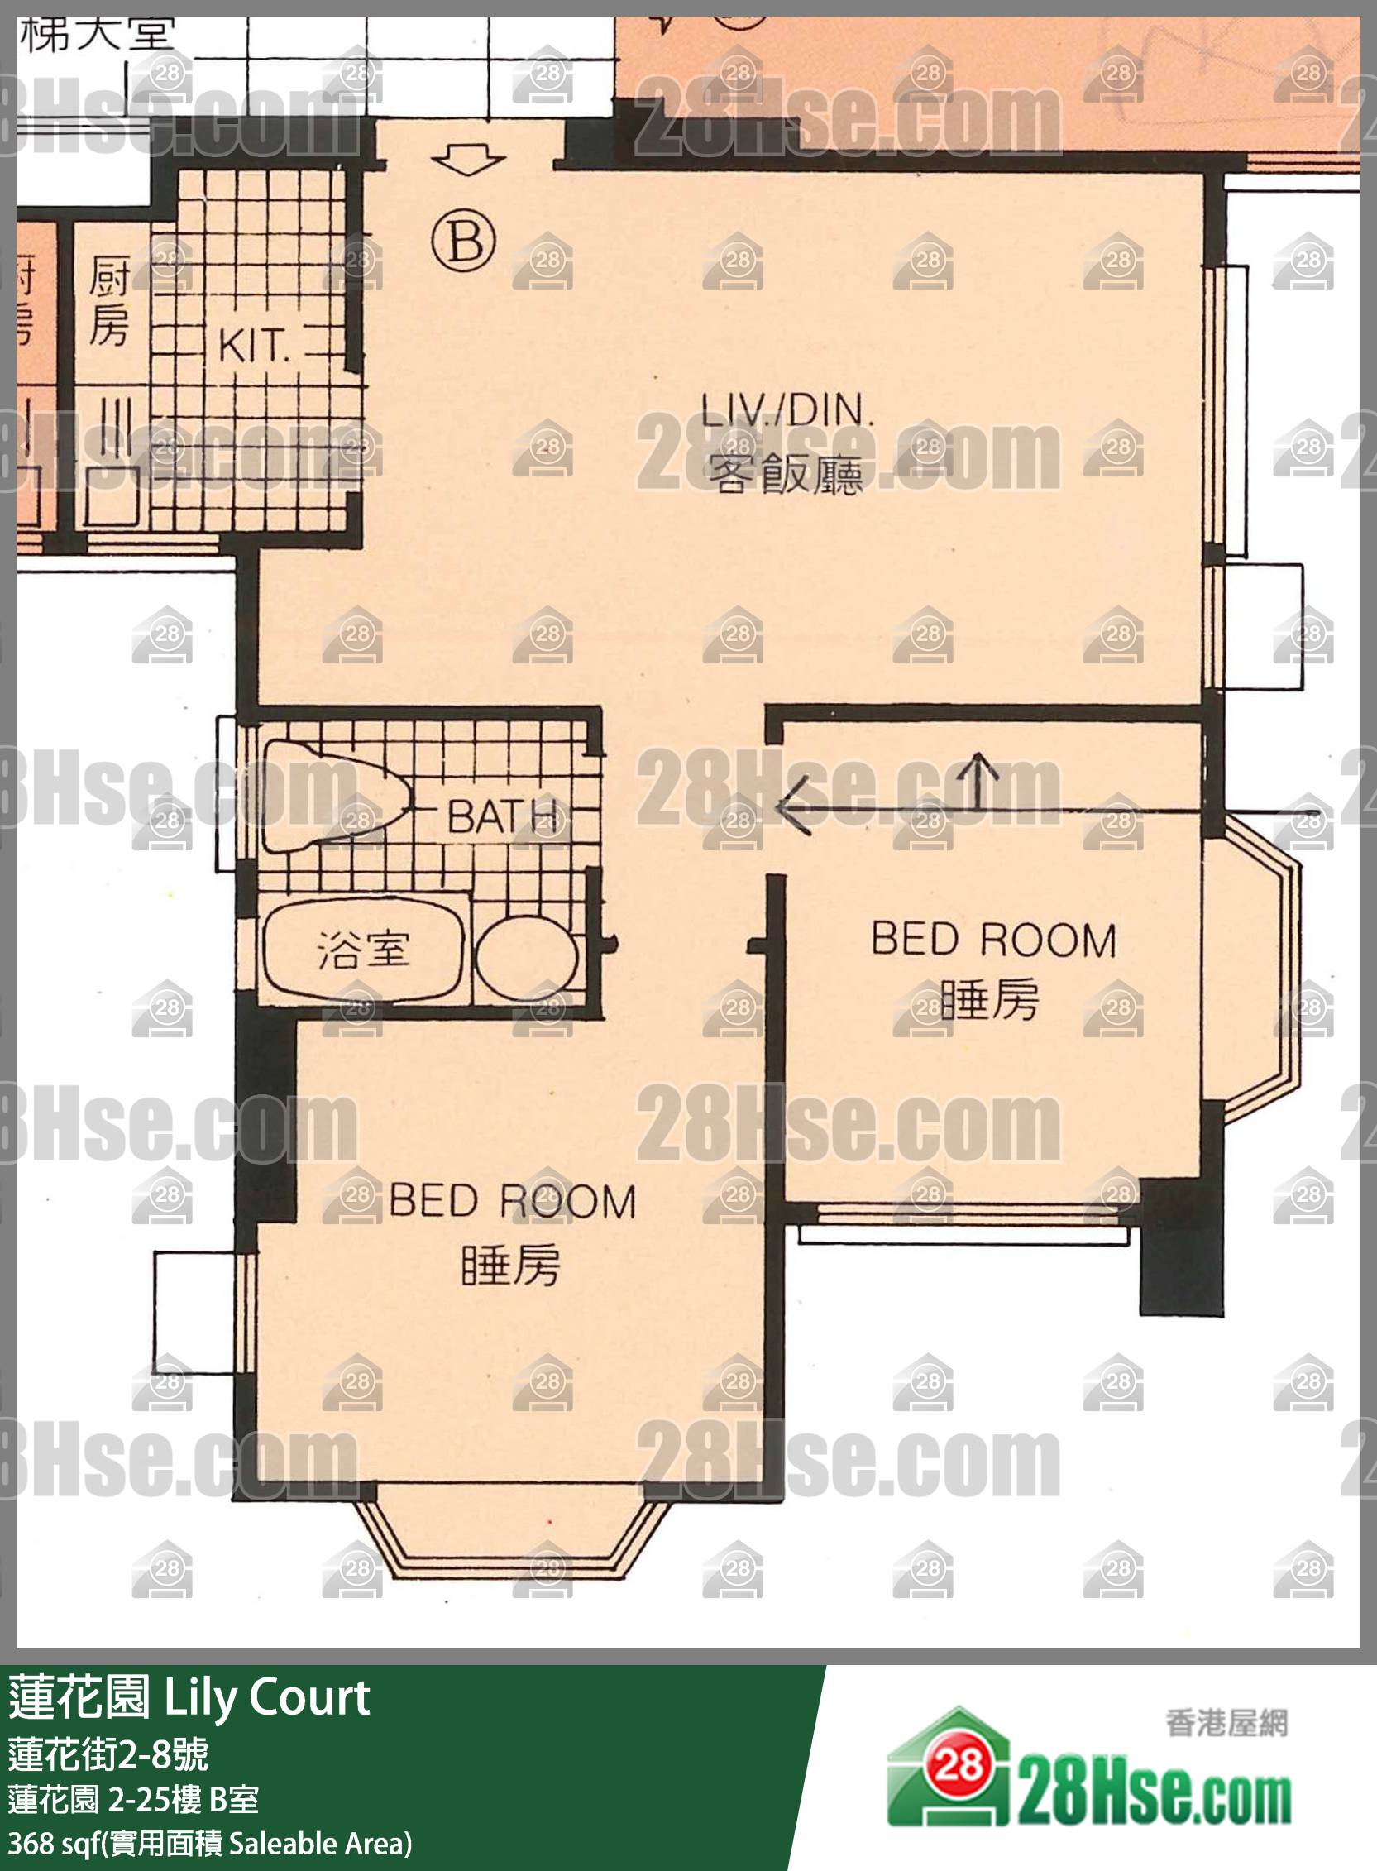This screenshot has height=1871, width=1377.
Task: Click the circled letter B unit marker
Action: pyautogui.click(x=463, y=241)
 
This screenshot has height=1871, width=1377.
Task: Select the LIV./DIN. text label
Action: pyautogui.click(x=787, y=410)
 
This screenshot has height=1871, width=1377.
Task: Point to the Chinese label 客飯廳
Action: pyautogui.click(x=785, y=474)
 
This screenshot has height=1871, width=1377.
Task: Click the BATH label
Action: pyautogui.click(x=503, y=816)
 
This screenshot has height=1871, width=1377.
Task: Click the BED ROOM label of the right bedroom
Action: pyautogui.click(x=993, y=940)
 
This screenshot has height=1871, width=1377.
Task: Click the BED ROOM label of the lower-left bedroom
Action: pyautogui.click(x=512, y=1201)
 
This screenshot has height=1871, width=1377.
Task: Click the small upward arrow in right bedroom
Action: pyautogui.click(x=978, y=780)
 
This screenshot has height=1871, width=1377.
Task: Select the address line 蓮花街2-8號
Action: pyautogui.click(x=108, y=1754)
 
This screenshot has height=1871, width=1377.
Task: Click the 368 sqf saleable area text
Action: pyautogui.click(x=210, y=1844)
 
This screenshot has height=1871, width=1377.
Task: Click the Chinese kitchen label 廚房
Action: pyautogui.click(x=109, y=301)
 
